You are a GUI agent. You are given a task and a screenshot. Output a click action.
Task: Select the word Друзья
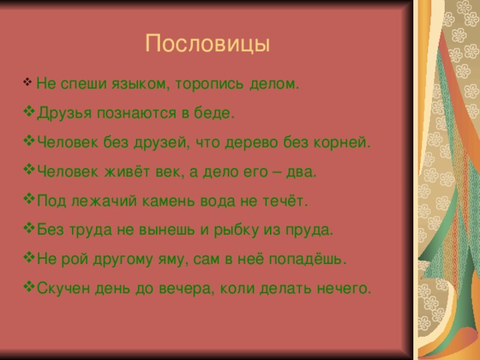(x=60, y=113)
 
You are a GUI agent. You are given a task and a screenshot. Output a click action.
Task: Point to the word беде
(x=217, y=113)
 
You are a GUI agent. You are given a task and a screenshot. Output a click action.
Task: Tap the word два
(x=302, y=172)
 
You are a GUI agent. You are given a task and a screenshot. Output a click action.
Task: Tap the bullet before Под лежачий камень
(x=29, y=200)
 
